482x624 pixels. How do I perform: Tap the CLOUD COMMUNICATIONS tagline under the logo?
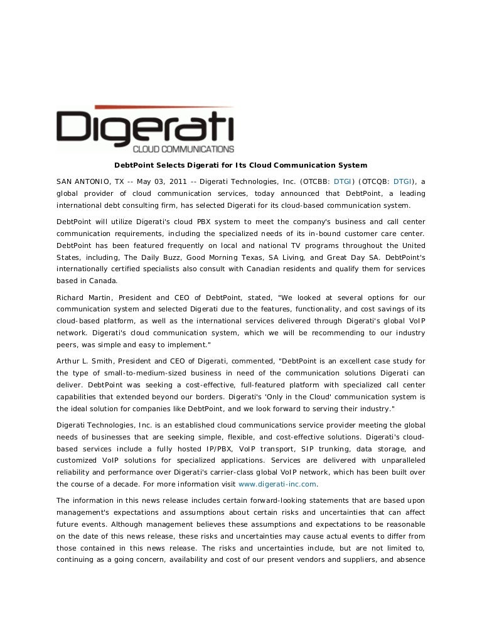(x=183, y=149)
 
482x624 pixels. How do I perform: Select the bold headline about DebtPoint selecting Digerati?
(x=240, y=165)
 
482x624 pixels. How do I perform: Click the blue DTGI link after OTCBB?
(x=343, y=181)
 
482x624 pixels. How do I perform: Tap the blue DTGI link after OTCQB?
(x=403, y=181)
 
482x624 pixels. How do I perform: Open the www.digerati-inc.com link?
(x=277, y=484)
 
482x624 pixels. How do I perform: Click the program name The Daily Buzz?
(x=144, y=257)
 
